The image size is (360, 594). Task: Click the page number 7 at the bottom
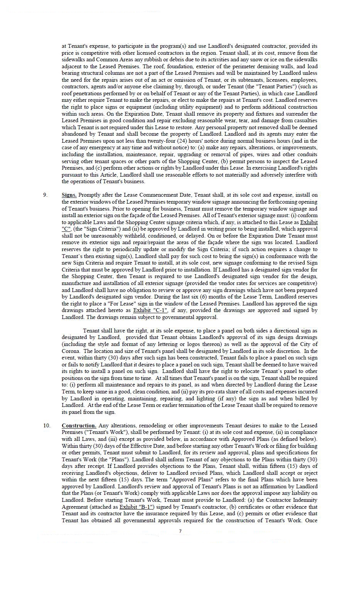[x=180, y=531]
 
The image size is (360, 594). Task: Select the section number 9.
[x=46, y=195]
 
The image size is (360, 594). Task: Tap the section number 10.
[x=47, y=425]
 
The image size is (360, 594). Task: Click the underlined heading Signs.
[x=69, y=195]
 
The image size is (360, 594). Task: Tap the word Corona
[x=70, y=351]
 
